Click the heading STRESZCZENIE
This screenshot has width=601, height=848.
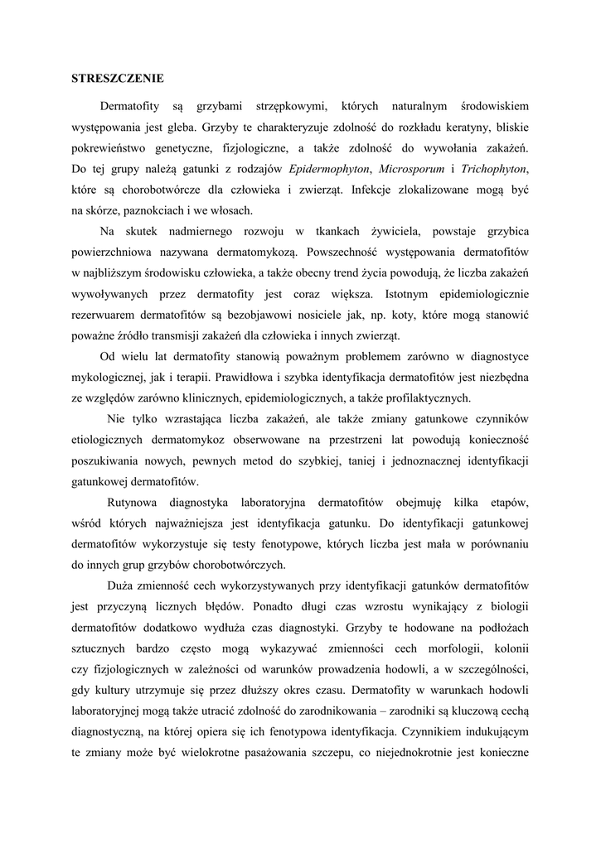click(x=117, y=79)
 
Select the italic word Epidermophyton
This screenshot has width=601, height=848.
click(x=329, y=169)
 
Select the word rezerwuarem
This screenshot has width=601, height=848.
click(x=104, y=315)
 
